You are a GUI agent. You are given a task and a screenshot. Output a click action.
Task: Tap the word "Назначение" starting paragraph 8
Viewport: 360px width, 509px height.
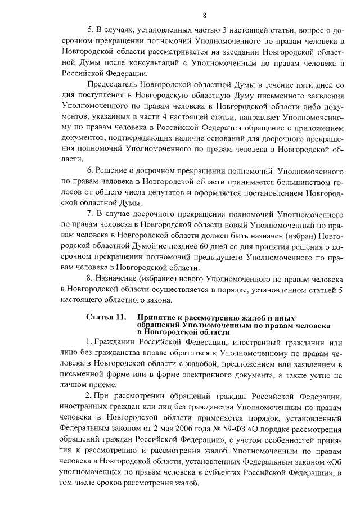[x=120, y=278]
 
